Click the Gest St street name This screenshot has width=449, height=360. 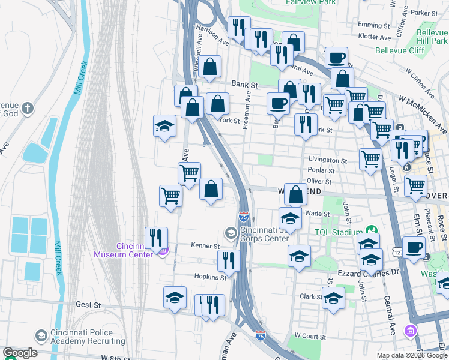88,305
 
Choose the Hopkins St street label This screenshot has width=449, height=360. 209,277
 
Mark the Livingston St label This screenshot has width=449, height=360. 328,161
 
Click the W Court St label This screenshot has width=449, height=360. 310,337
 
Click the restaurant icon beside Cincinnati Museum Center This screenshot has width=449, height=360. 156,238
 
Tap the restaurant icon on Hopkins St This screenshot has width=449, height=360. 228,260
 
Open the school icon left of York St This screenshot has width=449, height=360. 164,126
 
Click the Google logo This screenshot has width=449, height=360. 20,353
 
